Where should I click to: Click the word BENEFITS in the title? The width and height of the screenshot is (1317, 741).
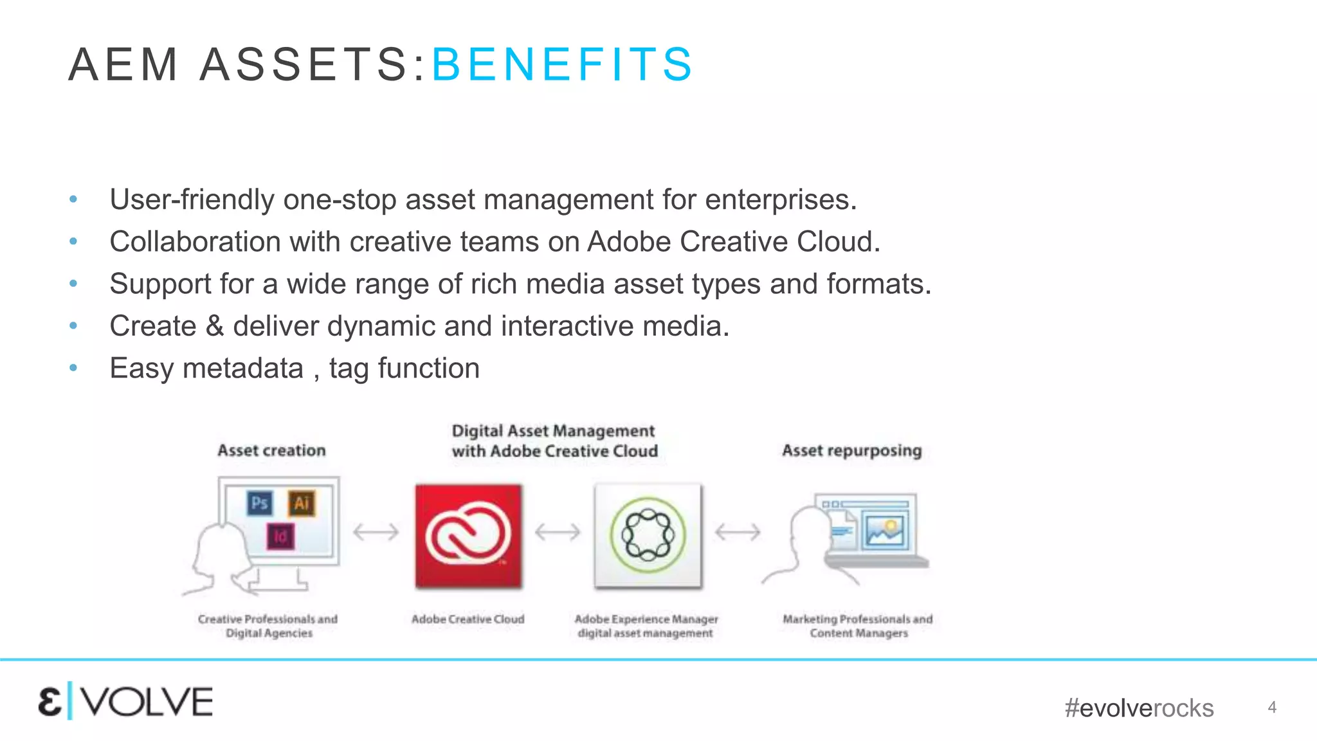click(x=562, y=64)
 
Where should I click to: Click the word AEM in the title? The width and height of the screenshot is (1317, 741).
click(x=123, y=64)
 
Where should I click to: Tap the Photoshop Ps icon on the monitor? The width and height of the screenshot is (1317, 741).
click(x=260, y=502)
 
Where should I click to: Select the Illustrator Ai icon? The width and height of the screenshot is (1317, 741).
click(x=302, y=502)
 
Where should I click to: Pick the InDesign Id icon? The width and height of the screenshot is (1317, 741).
click(x=280, y=536)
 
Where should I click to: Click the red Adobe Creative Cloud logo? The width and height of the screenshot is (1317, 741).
click(x=468, y=536)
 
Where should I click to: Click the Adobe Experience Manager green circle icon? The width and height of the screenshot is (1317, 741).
click(x=648, y=536)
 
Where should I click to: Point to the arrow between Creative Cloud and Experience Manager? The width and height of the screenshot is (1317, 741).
click(x=558, y=532)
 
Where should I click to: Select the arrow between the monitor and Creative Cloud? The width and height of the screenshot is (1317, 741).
click(x=376, y=532)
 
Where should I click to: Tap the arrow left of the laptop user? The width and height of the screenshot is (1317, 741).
click(x=738, y=532)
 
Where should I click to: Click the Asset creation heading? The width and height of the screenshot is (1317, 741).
click(x=271, y=450)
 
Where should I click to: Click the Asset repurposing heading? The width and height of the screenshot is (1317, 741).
click(x=851, y=450)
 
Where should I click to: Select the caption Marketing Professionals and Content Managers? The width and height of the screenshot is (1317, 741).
click(x=858, y=626)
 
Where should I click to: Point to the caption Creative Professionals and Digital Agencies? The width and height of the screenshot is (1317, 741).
click(x=268, y=626)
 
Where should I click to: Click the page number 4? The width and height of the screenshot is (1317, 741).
click(x=1271, y=708)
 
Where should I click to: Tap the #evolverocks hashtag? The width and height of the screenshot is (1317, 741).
click(x=1139, y=708)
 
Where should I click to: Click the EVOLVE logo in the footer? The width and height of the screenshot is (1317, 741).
click(x=125, y=701)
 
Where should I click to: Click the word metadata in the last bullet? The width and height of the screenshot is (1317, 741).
click(x=243, y=369)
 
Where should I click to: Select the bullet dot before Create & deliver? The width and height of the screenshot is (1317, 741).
click(x=73, y=326)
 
